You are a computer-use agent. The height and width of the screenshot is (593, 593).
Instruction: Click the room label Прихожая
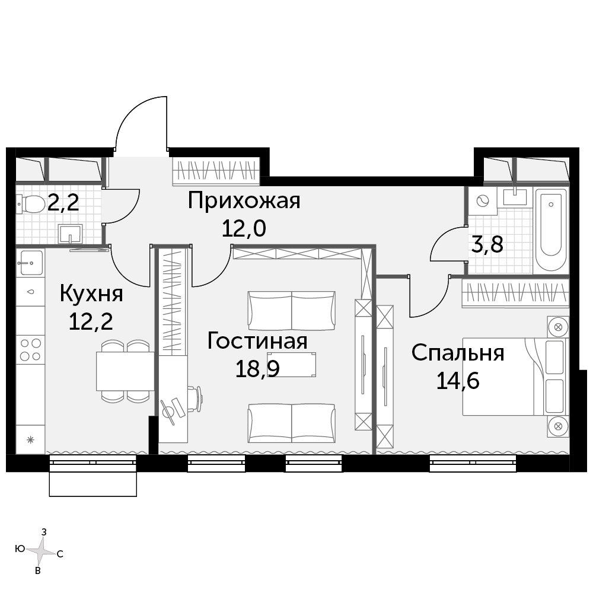(x=244, y=201)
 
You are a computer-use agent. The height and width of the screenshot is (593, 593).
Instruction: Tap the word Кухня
(x=91, y=294)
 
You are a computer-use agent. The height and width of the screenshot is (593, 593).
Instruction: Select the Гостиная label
(x=257, y=341)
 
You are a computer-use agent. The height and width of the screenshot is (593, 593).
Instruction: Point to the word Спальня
(x=458, y=353)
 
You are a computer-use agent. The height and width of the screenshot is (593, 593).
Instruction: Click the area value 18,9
(x=257, y=369)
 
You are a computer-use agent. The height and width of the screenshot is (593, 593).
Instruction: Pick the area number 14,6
(x=458, y=381)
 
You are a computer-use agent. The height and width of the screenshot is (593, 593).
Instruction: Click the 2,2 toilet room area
(x=63, y=203)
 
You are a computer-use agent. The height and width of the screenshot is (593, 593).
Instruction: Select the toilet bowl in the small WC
(x=31, y=204)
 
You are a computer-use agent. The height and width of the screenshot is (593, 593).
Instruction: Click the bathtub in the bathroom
(x=551, y=229)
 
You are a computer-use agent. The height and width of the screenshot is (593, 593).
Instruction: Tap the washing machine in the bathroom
(x=483, y=201)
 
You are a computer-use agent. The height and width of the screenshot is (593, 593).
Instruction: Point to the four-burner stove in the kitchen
(x=31, y=349)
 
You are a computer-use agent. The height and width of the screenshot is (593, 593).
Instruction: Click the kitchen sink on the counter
(x=31, y=263)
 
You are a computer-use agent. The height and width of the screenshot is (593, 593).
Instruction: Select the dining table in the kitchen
(x=125, y=371)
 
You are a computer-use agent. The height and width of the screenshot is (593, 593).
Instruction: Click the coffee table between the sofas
(x=291, y=365)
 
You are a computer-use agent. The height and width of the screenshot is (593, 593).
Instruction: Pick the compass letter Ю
(x=20, y=549)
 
